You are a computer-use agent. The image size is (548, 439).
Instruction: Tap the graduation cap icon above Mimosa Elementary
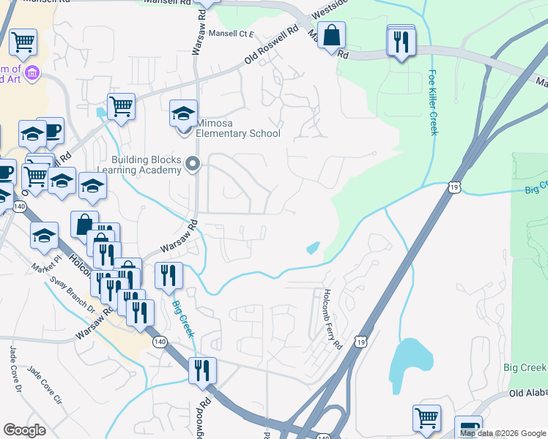pyautogui.click(x=183, y=113)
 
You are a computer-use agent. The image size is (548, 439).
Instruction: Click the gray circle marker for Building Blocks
pyautogui.click(x=193, y=165)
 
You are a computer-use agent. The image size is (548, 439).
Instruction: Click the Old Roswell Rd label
pyautogui.click(x=274, y=45)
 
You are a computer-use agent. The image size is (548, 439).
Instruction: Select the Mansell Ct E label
pyautogui.click(x=230, y=34)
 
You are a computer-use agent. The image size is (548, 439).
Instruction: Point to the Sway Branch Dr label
pyautogui.click(x=72, y=293)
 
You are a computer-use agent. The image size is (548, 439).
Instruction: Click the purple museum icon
pyautogui.click(x=32, y=72)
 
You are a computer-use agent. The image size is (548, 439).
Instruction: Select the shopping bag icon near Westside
pyautogui.click(x=332, y=35)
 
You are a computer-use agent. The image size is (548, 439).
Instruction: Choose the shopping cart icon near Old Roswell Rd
pyautogui.click(x=121, y=106)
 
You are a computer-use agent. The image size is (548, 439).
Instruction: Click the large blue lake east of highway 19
pyautogui.click(x=409, y=367)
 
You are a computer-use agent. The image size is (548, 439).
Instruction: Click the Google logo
pyautogui.click(x=25, y=430)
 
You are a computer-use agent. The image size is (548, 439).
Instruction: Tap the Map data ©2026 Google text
pyautogui.click(x=502, y=433)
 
